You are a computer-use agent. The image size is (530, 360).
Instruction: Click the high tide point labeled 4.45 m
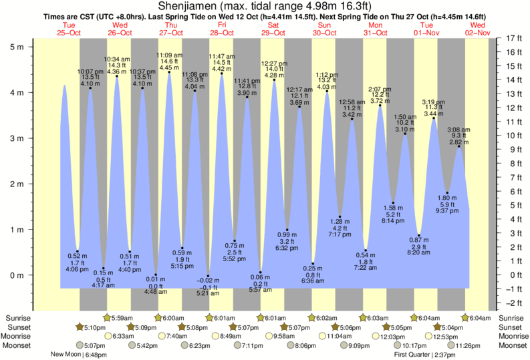[x=169, y=72]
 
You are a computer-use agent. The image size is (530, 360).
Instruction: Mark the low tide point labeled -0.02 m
[x=209, y=276]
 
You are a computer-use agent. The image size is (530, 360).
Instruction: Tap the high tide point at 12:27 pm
[x=274, y=80]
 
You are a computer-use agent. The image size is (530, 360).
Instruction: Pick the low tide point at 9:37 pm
[x=447, y=193]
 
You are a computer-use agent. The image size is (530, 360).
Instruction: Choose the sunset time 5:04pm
[x=452, y=327]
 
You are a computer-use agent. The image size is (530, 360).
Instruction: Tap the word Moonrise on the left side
[x=18, y=337]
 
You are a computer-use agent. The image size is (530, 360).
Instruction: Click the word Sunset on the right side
[x=511, y=327]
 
